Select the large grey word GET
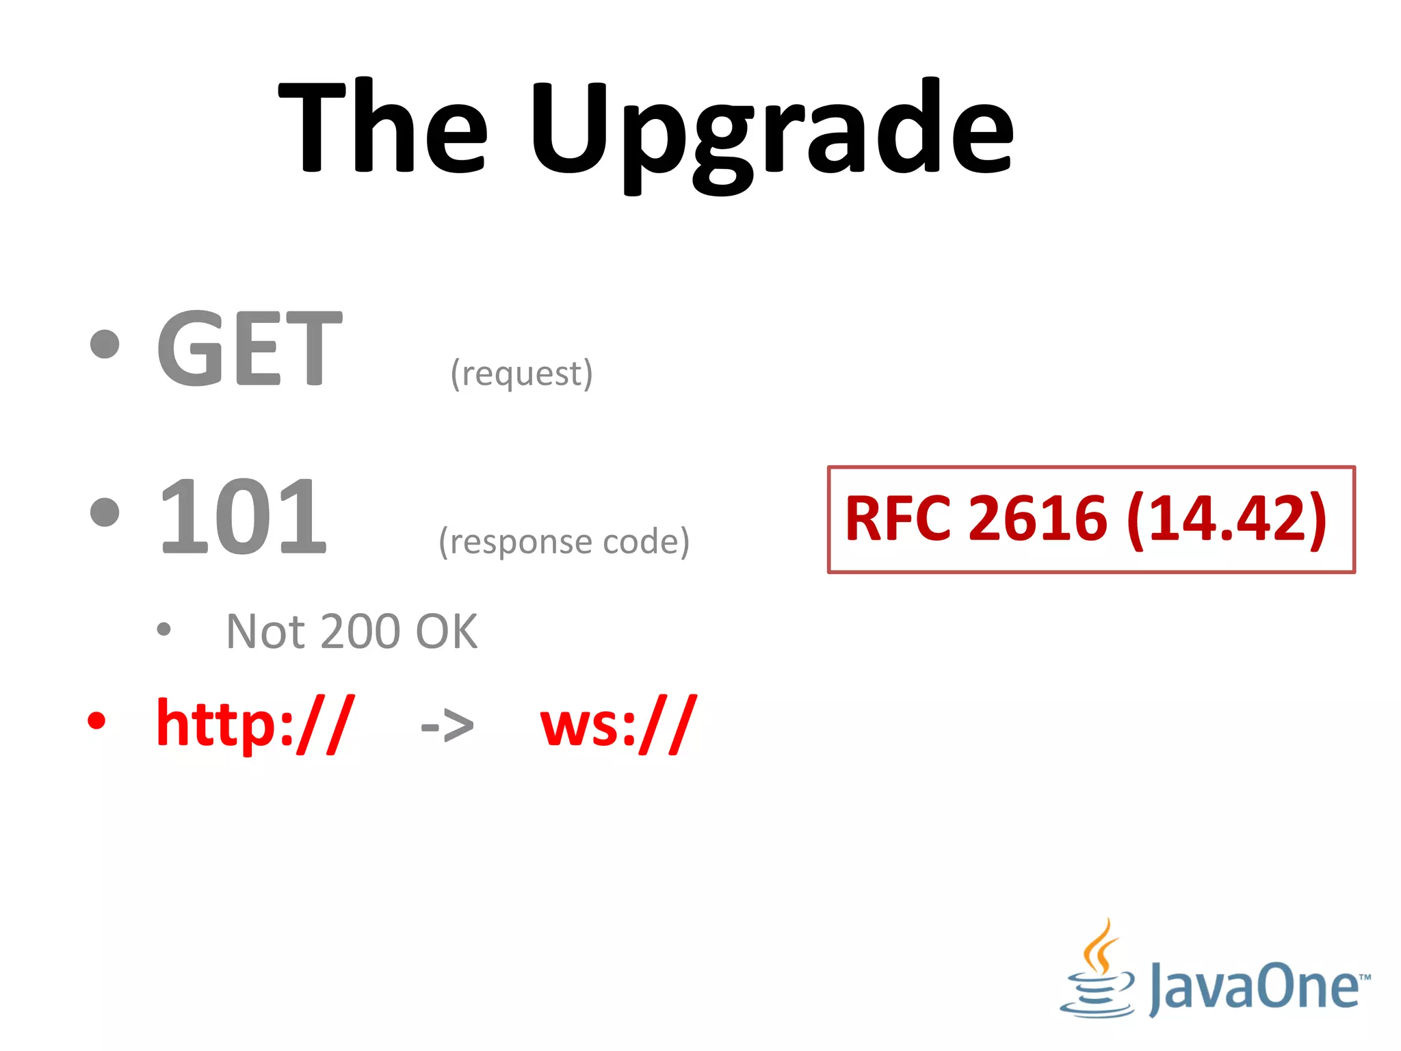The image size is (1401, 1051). [250, 349]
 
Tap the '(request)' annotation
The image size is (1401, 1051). [521, 374]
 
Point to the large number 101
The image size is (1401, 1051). [243, 517]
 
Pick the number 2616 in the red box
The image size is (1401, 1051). [1038, 519]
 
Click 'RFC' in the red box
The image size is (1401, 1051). [898, 519]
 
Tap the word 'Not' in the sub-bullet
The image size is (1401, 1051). [265, 632]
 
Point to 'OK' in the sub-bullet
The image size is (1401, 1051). [446, 632]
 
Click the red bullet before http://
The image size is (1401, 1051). [97, 721]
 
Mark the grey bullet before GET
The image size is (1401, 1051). [105, 344]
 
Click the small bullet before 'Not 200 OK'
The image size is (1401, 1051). [163, 629]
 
